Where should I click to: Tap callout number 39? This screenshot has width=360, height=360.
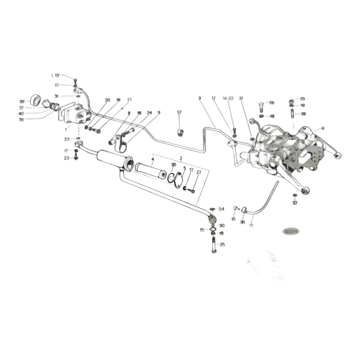click(x=22, y=102)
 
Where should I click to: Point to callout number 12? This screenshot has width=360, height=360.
click(x=179, y=112)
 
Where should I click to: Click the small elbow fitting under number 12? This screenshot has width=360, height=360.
click(x=180, y=132)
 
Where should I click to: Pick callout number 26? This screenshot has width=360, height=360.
click(x=271, y=103)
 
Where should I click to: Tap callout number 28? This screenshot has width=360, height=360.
click(x=303, y=114)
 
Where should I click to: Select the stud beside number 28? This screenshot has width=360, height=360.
click(x=292, y=114)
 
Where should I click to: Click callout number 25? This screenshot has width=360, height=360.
click(x=222, y=244)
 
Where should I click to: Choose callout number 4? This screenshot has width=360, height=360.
click(x=153, y=159)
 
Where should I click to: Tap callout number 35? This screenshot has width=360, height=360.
click(x=174, y=165)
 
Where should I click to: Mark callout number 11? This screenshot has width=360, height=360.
click(x=251, y=225)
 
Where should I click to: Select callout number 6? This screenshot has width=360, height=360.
click(x=323, y=128)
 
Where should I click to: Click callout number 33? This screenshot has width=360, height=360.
click(x=66, y=139)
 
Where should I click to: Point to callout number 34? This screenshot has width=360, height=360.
click(x=221, y=209)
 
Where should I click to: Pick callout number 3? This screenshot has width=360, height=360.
click(x=199, y=98)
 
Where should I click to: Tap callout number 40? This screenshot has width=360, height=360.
click(x=21, y=113)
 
